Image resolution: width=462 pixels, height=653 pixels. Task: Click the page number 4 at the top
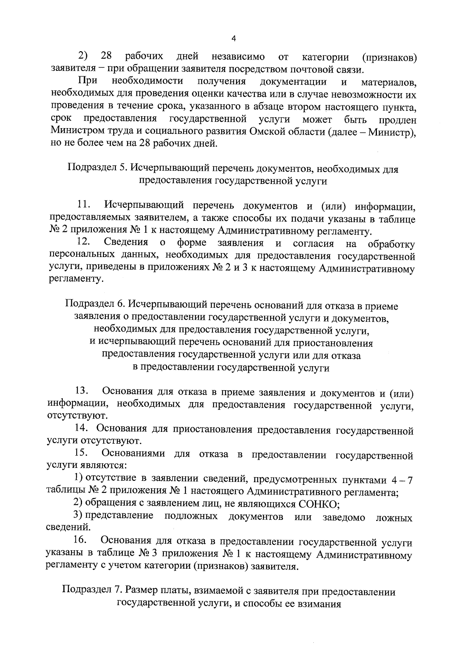tap(233, 38)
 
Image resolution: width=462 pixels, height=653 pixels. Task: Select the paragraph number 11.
tap(84, 204)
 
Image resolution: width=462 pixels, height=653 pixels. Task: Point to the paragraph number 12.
tap(84, 242)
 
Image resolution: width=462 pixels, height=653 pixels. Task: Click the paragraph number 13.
tap(83, 391)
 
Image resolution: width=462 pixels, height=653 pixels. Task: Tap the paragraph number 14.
tap(82, 428)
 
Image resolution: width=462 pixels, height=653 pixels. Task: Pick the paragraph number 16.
tap(82, 542)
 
